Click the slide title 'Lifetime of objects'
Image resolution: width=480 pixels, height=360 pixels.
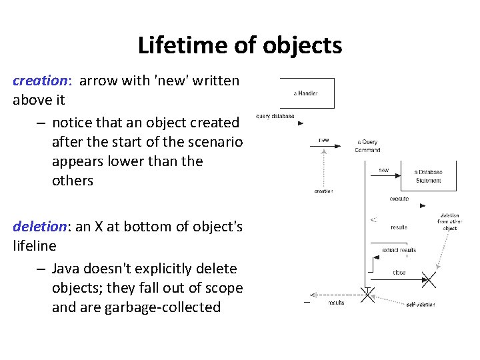point(240,45)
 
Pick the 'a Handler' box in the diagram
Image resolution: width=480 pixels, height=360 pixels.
point(307,93)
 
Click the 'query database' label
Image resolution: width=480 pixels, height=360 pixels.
point(275,116)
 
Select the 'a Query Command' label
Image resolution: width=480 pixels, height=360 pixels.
point(369,145)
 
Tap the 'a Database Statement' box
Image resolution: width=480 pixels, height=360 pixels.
point(428,175)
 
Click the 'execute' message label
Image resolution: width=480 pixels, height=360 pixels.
point(399,199)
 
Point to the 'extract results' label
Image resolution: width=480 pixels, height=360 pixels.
point(399,250)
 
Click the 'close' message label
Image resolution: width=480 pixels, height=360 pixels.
point(399,272)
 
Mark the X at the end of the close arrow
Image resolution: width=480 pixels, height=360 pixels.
point(428,280)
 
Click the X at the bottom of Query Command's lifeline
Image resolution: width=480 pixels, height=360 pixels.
point(367,295)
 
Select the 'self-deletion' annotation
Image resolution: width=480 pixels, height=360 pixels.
point(420,305)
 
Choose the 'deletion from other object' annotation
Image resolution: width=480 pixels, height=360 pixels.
point(449,222)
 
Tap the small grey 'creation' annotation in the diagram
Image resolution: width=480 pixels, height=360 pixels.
point(323,191)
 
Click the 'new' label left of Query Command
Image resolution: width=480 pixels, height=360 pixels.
point(324,140)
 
